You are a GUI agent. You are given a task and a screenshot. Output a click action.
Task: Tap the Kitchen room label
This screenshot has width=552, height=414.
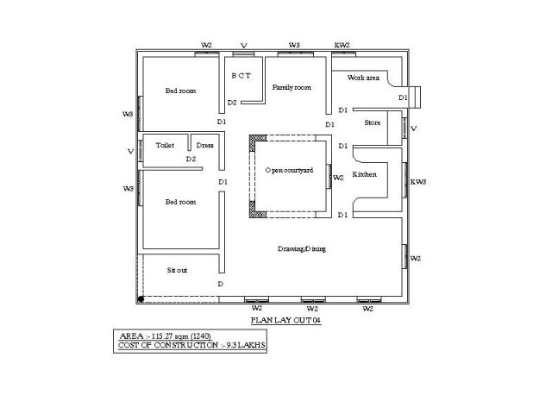click(x=365, y=174)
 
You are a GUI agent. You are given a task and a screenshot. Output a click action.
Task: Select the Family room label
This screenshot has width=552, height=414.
click(x=292, y=87)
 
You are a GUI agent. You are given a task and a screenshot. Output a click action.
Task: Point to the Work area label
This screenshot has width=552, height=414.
click(x=363, y=78)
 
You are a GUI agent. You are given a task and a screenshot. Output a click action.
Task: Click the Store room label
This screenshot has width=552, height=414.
click(x=372, y=122)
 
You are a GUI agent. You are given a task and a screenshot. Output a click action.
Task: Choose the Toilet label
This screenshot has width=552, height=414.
click(x=165, y=145)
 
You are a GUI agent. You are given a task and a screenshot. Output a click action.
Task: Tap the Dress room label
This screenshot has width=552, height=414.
click(x=205, y=145)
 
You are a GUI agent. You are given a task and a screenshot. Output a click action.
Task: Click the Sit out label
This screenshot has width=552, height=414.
click(x=177, y=270)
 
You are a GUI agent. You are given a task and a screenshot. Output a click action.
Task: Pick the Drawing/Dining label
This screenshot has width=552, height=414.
click(x=302, y=248)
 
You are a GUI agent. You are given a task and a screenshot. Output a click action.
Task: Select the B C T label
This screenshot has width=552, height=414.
click(x=241, y=75)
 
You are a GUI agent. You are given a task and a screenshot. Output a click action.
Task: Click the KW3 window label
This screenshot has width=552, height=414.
click(x=418, y=181)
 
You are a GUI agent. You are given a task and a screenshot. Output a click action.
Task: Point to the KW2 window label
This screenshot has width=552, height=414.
click(x=342, y=44)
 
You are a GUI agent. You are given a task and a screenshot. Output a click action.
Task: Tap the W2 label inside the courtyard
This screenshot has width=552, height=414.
click(x=338, y=178)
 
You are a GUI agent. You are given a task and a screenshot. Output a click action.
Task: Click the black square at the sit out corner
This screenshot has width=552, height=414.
click(x=141, y=298)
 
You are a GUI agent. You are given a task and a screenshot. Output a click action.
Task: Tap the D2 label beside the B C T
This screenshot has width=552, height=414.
click(x=232, y=103)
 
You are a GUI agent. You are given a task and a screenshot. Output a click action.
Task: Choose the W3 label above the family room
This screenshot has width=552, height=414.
click(x=294, y=44)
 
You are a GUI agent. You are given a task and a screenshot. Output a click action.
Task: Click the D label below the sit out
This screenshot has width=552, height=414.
click(x=221, y=284)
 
